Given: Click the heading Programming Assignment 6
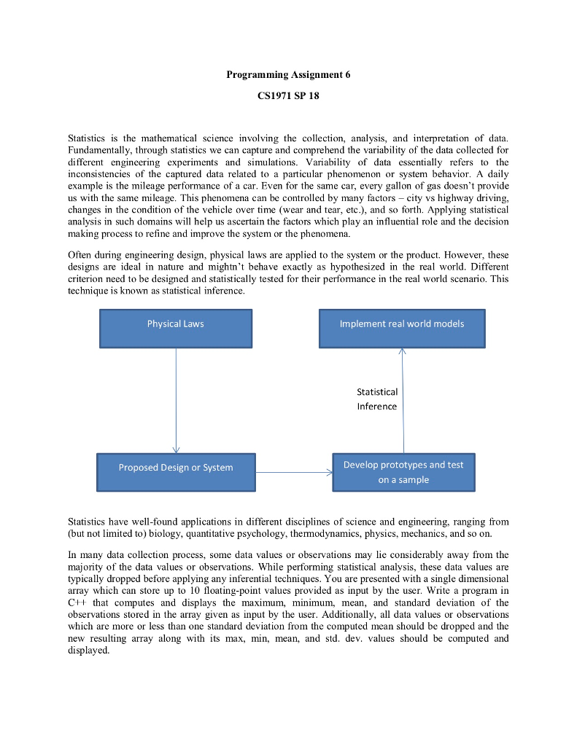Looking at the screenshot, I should [288, 75].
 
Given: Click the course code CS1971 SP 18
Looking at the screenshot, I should [288, 96].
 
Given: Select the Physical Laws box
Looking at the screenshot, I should [175, 328].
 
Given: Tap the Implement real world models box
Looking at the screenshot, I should [401, 328].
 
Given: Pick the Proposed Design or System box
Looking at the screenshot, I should [176, 471].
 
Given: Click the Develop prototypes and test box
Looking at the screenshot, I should [403, 472].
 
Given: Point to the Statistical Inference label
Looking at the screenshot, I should [377, 399].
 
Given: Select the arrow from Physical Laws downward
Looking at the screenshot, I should [176, 401].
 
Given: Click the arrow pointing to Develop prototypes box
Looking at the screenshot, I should [294, 472].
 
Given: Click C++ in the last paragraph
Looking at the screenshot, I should [77, 603].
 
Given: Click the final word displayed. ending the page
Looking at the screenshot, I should [88, 651].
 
